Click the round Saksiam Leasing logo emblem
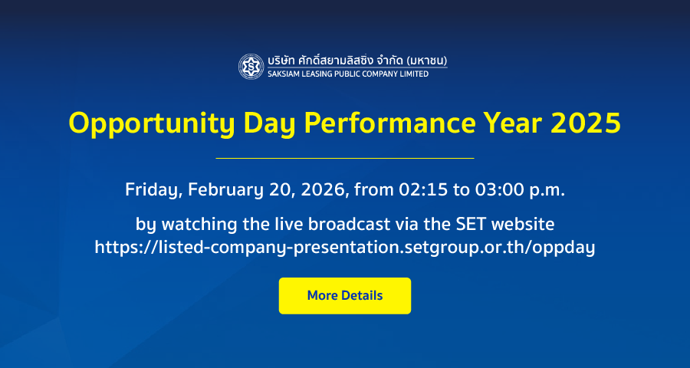(x=251, y=67)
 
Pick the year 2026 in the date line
(x=324, y=189)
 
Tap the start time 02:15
(x=421, y=189)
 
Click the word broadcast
(x=349, y=224)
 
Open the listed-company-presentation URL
(x=344, y=248)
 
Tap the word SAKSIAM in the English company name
(x=282, y=74)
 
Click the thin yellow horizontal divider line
(x=345, y=158)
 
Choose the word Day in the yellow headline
(x=269, y=124)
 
